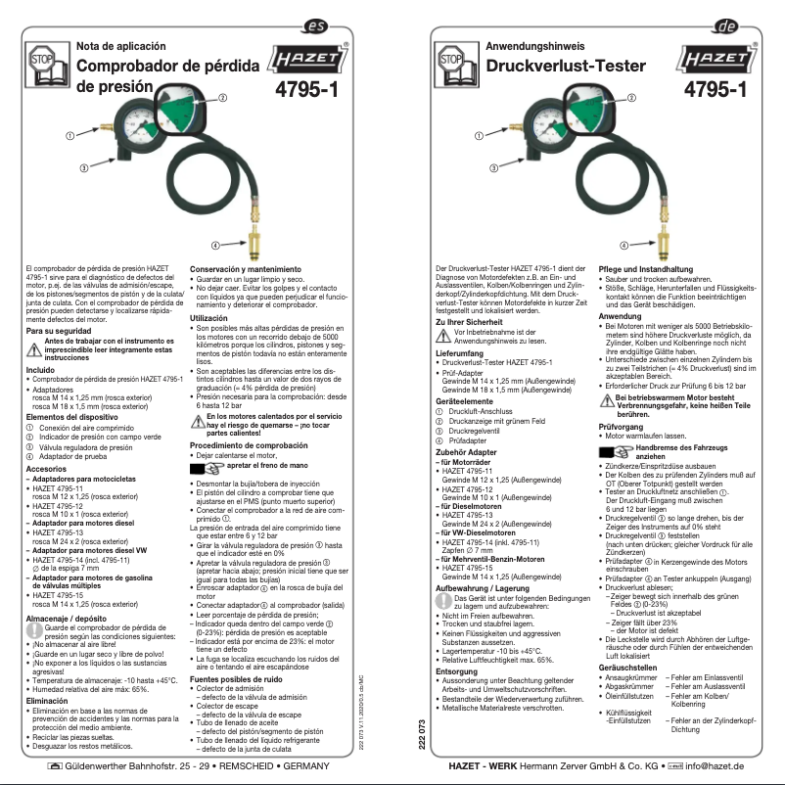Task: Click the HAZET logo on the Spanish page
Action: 306,63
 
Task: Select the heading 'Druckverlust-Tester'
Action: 556,67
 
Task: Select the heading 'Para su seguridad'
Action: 60,331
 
